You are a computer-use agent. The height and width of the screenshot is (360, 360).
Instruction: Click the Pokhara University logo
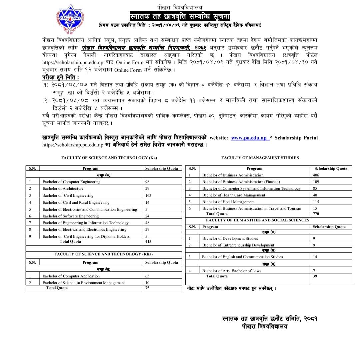click(x=70, y=18)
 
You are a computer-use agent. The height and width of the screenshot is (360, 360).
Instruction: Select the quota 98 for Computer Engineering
click(x=148, y=182)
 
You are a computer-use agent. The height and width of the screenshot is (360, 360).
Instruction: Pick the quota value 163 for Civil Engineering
click(x=149, y=195)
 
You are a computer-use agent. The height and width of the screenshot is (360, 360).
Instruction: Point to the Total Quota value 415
click(x=148, y=241)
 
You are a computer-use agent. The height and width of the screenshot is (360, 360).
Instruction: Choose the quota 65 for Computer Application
click(x=148, y=276)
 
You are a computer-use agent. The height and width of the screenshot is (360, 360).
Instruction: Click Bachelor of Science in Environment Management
click(x=84, y=283)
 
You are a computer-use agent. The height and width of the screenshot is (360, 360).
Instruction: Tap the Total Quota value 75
click(x=148, y=288)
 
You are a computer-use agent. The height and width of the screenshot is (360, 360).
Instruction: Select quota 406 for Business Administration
click(x=316, y=175)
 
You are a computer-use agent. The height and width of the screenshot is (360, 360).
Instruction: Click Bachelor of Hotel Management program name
click(x=228, y=202)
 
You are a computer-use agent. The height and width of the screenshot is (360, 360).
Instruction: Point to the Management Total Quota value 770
click(x=316, y=214)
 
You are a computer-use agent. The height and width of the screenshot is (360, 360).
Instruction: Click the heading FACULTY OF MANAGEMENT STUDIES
click(x=260, y=158)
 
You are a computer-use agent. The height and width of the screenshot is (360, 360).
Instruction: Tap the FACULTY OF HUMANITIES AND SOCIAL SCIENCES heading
click(x=257, y=220)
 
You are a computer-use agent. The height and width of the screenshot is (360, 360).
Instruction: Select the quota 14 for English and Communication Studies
click(x=315, y=257)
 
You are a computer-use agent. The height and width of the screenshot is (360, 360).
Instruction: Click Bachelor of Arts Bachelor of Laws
click(x=232, y=271)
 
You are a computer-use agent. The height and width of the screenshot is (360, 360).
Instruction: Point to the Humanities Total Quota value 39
click(x=315, y=276)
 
